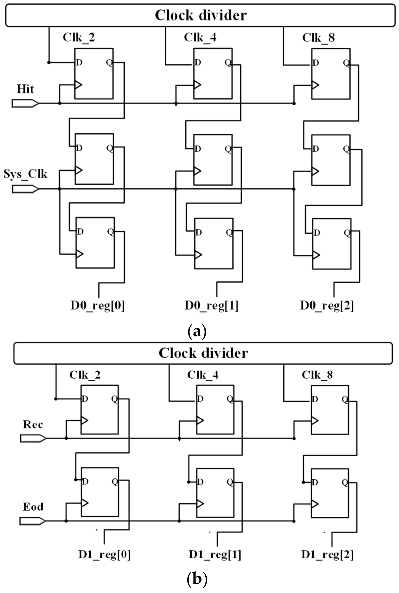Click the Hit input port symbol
25,103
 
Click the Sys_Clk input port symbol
25,189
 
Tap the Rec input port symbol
33,439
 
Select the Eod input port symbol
32,521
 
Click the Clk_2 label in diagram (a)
79,38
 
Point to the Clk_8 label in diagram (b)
317,375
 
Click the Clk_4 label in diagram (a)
200,38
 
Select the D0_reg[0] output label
97,305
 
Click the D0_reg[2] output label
327,305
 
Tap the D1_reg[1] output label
215,554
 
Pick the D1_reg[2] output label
327,554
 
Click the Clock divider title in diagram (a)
201,15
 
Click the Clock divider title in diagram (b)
203,353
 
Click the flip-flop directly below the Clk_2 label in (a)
94,73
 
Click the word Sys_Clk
25,174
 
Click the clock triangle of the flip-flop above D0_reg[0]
79,254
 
